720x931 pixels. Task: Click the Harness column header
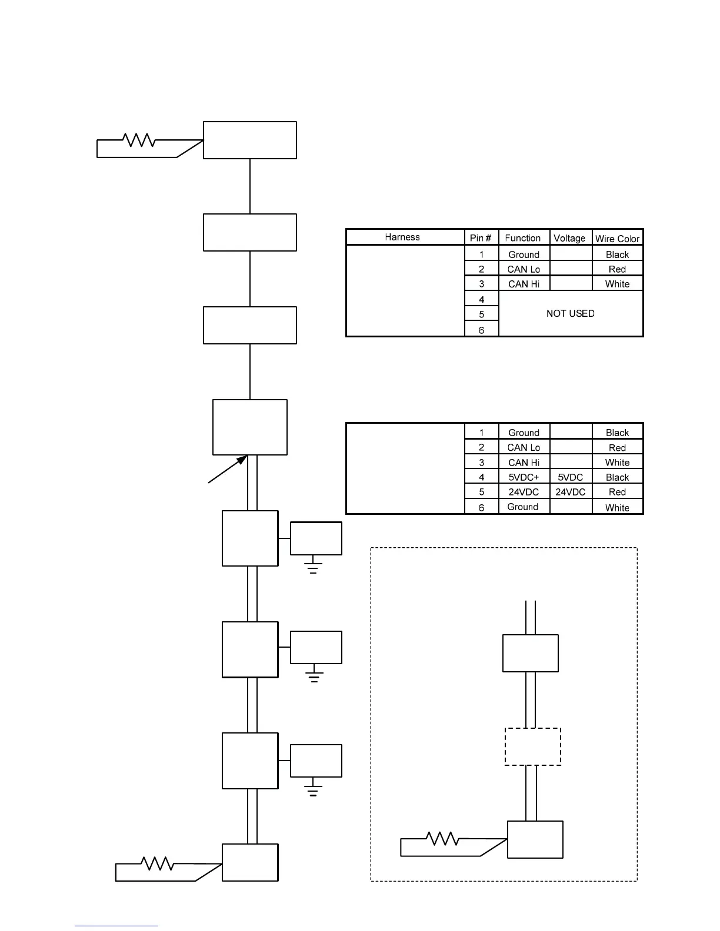coord(402,237)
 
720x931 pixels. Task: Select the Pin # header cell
coord(481,237)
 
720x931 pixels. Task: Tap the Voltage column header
coord(569,237)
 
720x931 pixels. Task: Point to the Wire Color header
coord(617,238)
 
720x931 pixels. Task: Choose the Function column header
coord(522,237)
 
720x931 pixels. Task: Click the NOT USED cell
coord(570,313)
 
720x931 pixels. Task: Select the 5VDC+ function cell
coord(524,477)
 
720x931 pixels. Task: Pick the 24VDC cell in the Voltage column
coord(570,492)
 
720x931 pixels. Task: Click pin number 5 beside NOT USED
coord(481,314)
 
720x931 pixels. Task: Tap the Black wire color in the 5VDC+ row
coord(617,477)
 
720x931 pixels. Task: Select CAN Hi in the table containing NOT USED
coord(524,284)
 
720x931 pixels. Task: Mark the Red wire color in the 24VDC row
coord(617,492)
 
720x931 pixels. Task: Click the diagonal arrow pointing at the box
coord(228,469)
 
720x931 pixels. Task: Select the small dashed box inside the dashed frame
coord(532,746)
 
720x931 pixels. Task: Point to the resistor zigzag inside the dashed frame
coord(442,838)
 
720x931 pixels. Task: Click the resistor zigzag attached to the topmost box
coord(139,140)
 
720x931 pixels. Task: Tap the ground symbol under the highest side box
coord(313,567)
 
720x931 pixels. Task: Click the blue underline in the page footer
coord(116,926)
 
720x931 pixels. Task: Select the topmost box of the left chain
coord(249,140)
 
